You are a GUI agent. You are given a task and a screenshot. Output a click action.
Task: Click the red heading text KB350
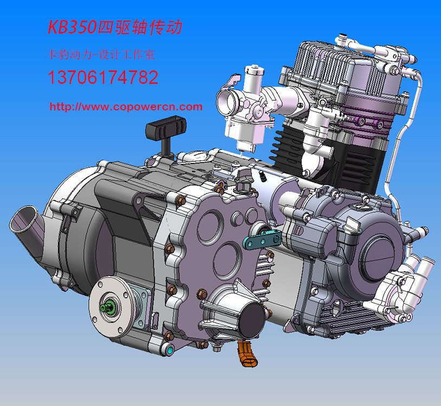pos(72,27)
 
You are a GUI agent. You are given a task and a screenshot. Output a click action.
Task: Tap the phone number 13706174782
pos(103,77)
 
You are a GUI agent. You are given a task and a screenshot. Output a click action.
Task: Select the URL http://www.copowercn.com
pos(126,107)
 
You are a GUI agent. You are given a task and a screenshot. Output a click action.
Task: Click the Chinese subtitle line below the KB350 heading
pos(101,55)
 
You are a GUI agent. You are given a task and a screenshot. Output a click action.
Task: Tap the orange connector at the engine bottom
pos(247,354)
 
